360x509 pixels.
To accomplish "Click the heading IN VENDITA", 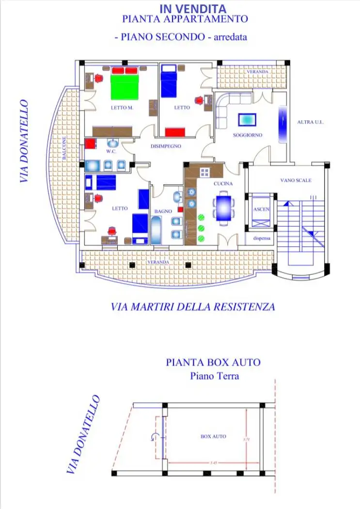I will pyautogui.click(x=192, y=8).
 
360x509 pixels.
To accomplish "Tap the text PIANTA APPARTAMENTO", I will pyautogui.click(x=185, y=19).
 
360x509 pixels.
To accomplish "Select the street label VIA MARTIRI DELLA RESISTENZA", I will pyautogui.click(x=193, y=307).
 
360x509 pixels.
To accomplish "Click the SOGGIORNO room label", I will pyautogui.click(x=247, y=135).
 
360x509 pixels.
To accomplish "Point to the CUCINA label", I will pyautogui.click(x=223, y=184).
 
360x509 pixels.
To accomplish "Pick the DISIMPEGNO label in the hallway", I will pyautogui.click(x=166, y=145).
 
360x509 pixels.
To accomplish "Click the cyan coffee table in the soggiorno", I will pyautogui.click(x=247, y=119).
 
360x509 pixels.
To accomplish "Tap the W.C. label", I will pyautogui.click(x=111, y=151).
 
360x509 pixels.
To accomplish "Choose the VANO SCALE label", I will pyautogui.click(x=296, y=180).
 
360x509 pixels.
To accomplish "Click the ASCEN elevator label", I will pyautogui.click(x=261, y=209).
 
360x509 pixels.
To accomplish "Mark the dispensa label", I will pyautogui.click(x=261, y=239).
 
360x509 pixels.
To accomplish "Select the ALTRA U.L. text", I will pyautogui.click(x=310, y=122).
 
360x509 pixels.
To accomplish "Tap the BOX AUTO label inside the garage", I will pyautogui.click(x=213, y=436).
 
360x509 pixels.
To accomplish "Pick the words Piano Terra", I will pyautogui.click(x=214, y=376).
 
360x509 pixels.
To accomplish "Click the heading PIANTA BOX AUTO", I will pyautogui.click(x=213, y=362).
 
